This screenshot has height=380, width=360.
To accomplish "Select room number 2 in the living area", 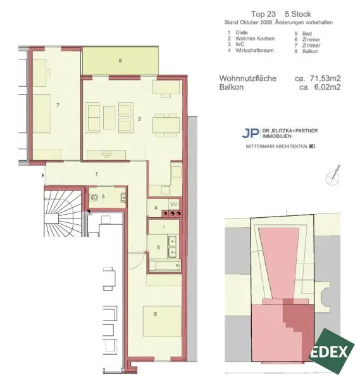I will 139,118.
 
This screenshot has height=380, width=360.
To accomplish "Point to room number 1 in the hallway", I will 96,174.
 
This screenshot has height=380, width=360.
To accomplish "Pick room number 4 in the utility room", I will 156,207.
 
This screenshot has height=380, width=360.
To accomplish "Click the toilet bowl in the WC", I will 94,198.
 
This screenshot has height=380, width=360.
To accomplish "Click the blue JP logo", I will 251,133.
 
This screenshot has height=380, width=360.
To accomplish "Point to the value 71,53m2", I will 326,79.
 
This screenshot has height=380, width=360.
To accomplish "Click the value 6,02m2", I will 328,87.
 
